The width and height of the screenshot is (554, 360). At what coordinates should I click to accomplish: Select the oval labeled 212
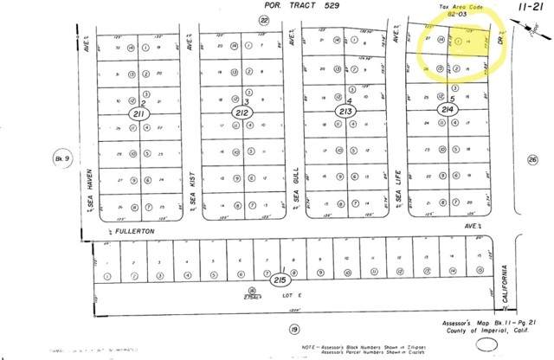tap(242, 113)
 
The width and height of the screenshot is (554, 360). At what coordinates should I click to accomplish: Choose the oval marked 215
tap(280, 281)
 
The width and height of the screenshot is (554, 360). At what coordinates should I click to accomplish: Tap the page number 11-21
tap(531, 6)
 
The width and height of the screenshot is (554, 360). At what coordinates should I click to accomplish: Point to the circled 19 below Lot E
tap(293, 329)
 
